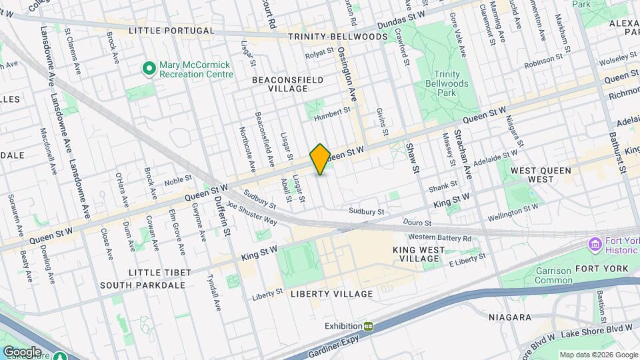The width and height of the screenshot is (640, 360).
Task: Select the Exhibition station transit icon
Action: coord(367,326)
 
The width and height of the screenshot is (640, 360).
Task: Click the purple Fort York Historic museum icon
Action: coord(595,246)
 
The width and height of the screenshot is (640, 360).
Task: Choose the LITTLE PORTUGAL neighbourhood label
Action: coord(171,31)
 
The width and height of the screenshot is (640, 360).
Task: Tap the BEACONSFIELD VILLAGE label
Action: coord(287,84)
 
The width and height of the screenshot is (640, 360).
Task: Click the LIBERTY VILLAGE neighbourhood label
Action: coord(331,294)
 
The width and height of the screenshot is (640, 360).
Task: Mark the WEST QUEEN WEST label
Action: coord(541,175)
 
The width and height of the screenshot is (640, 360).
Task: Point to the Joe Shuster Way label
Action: coord(251,213)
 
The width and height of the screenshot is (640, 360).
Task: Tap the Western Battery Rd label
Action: coord(440,237)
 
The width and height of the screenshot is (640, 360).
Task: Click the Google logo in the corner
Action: coord(22,351)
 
